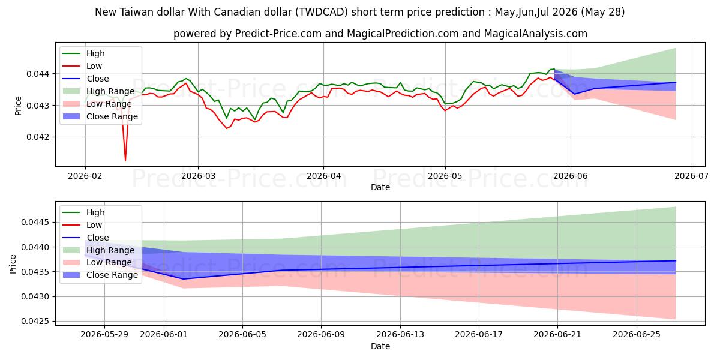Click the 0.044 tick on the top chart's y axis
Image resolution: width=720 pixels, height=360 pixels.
click(38, 74)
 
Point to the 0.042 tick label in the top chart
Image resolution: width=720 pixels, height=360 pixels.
click(38, 137)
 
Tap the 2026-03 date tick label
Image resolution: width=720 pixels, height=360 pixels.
click(198, 176)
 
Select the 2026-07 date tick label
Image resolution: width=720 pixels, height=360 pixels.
click(691, 176)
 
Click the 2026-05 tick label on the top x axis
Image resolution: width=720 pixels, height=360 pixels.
click(445, 176)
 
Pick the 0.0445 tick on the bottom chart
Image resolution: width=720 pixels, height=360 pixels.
click(35, 223)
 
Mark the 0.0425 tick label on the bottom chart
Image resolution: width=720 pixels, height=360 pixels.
click(35, 322)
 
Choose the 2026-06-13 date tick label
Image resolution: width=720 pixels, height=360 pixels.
click(400, 335)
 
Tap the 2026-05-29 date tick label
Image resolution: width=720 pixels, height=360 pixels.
click(104, 335)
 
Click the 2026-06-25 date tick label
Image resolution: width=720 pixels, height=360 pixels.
click(637, 335)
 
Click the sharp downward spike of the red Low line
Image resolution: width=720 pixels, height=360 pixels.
click(125, 160)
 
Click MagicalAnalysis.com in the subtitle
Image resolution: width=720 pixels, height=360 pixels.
click(535, 34)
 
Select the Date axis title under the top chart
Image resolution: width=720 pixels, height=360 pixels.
click(380, 187)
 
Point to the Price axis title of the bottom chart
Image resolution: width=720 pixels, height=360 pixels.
click(13, 264)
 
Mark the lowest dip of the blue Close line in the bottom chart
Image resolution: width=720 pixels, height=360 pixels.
click(184, 279)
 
